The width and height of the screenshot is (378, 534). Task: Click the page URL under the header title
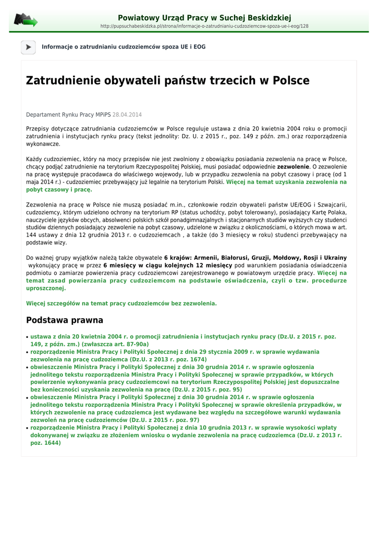click(204, 26)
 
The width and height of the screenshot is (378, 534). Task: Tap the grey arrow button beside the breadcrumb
click(28, 47)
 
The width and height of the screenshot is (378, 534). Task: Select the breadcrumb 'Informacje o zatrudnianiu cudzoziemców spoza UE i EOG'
click(124, 47)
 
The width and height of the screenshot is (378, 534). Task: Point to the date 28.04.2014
click(127, 115)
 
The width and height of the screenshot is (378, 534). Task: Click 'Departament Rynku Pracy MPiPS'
click(68, 115)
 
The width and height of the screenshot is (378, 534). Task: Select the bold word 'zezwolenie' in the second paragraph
click(293, 167)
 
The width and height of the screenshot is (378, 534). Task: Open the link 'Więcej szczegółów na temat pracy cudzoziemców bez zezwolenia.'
click(121, 303)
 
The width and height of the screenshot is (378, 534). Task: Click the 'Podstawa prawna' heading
click(65, 320)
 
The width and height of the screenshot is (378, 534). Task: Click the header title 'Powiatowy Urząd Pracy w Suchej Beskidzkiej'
click(204, 18)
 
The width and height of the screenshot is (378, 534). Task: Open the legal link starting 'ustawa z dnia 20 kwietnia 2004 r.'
click(182, 337)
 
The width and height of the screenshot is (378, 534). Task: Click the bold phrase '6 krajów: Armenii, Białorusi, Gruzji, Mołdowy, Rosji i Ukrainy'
click(255, 258)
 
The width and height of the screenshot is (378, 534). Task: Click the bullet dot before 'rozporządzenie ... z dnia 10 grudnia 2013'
click(27, 428)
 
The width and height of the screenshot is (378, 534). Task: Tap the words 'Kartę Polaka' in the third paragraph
click(327, 212)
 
